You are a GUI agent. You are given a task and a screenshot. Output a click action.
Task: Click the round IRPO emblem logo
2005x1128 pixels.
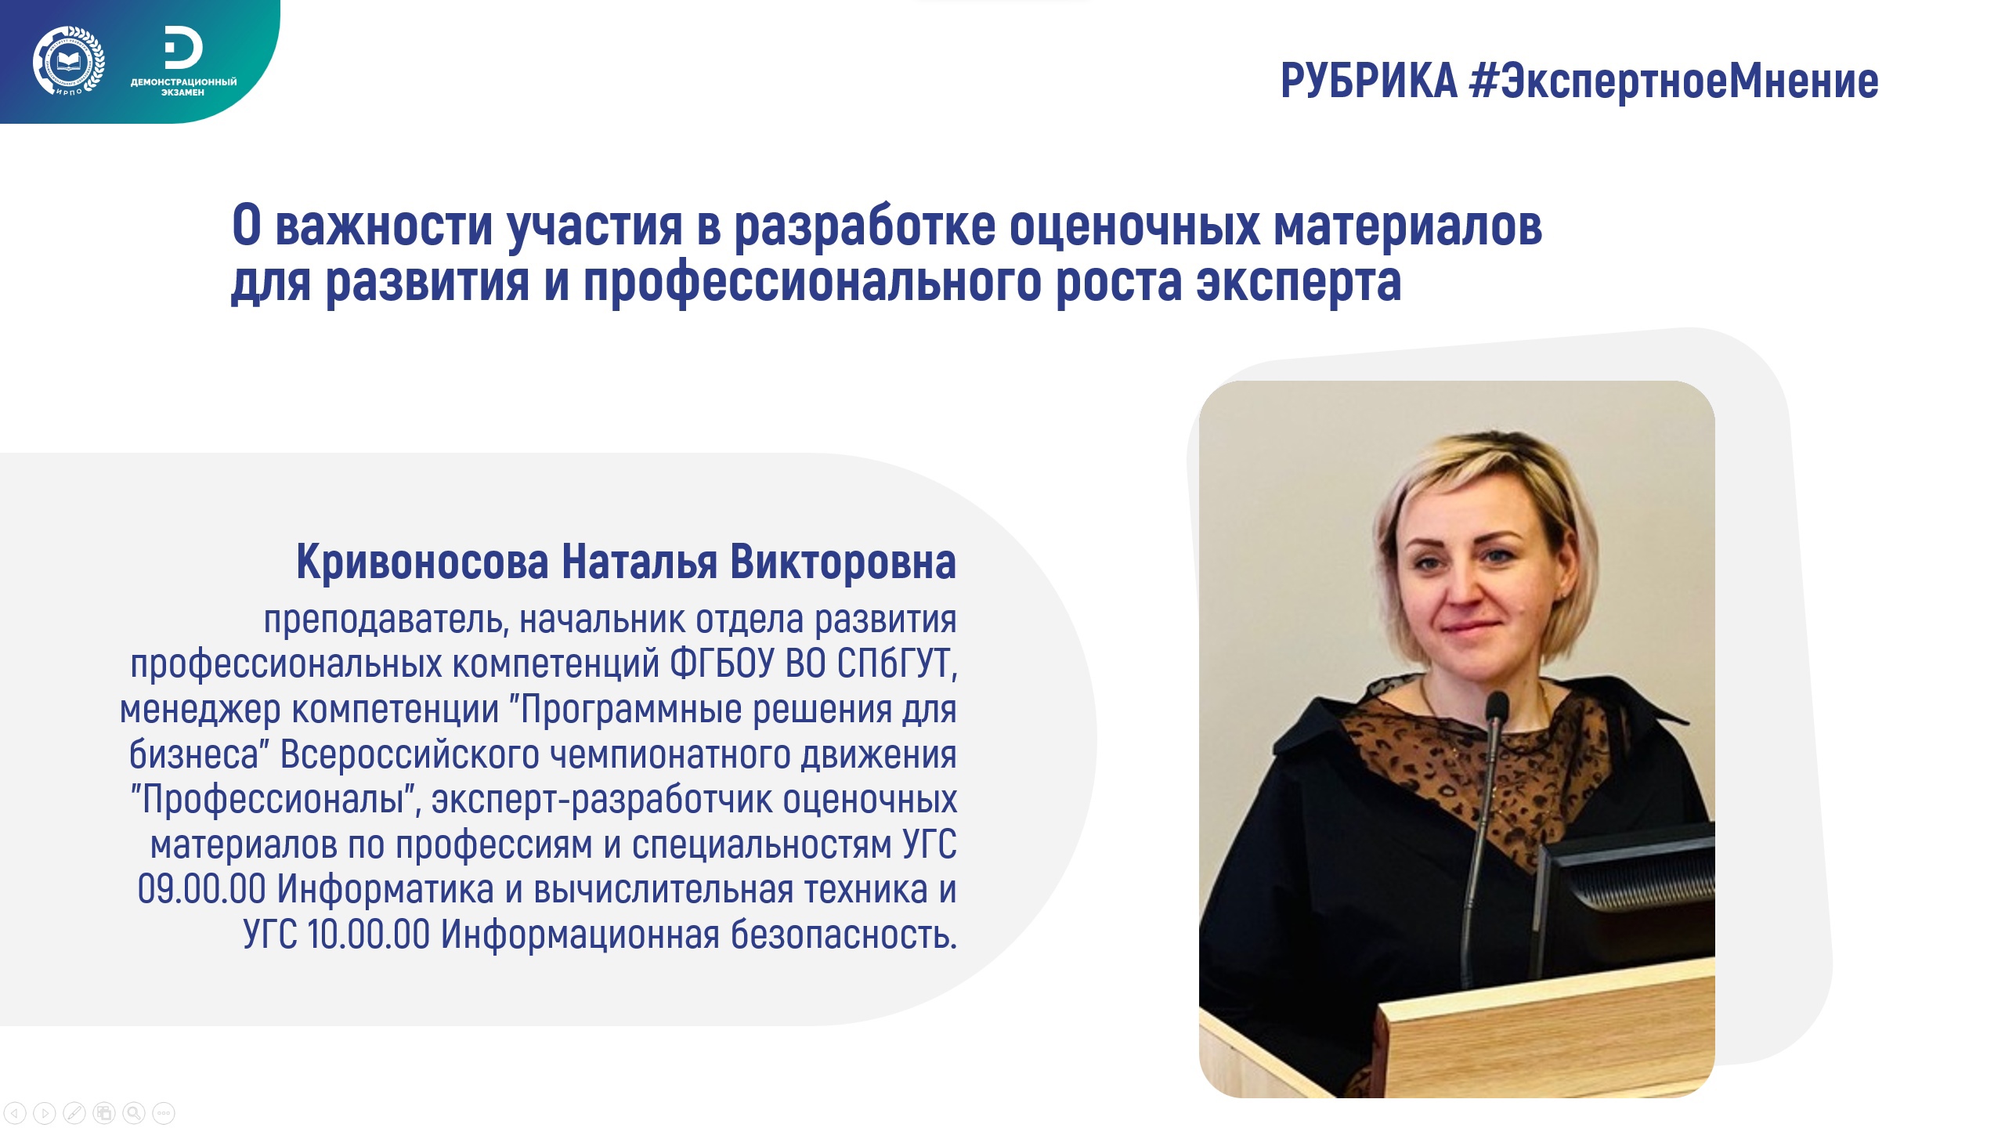68,61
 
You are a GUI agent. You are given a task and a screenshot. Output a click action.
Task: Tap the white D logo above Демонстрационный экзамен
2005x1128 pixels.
183,49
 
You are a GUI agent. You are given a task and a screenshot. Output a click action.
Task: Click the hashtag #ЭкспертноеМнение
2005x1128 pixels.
1674,81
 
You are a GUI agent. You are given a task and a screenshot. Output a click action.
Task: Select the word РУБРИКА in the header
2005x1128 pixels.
1368,81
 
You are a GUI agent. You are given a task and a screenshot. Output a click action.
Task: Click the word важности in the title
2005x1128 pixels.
384,226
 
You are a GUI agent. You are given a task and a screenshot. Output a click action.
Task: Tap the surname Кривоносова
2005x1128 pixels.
422,562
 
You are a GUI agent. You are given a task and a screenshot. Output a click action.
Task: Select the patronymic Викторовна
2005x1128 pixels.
843,562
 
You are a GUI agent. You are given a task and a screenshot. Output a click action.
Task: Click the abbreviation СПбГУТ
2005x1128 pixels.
897,664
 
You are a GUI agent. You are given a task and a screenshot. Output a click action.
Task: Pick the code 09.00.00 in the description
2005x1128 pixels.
201,890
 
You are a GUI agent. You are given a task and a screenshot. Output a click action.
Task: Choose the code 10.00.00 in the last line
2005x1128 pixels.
368,935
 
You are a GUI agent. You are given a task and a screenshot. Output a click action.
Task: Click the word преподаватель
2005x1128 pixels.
386,620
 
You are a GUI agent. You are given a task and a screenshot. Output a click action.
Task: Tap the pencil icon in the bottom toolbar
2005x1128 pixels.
74,1112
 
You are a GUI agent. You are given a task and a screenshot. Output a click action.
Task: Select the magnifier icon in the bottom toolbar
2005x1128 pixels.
134,1112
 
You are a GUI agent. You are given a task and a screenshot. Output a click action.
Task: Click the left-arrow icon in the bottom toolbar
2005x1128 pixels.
15,1112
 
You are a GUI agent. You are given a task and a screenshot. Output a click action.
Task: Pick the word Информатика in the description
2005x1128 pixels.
385,890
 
